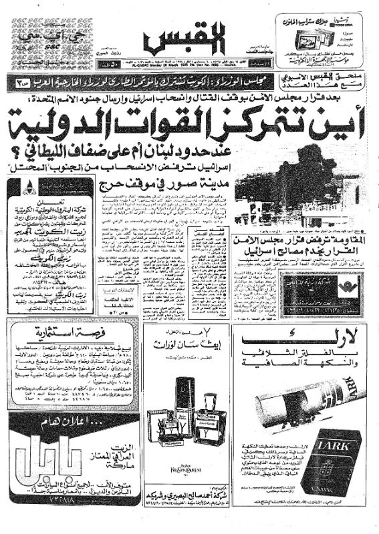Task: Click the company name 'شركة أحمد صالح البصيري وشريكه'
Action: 188,504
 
